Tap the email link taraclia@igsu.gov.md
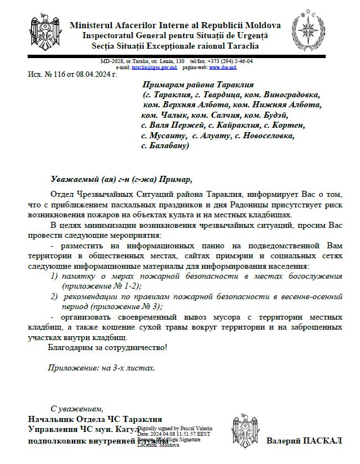[x=154, y=67]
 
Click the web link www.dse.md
[x=222, y=67]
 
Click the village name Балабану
[x=167, y=146]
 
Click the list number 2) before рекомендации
[x=54, y=296]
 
